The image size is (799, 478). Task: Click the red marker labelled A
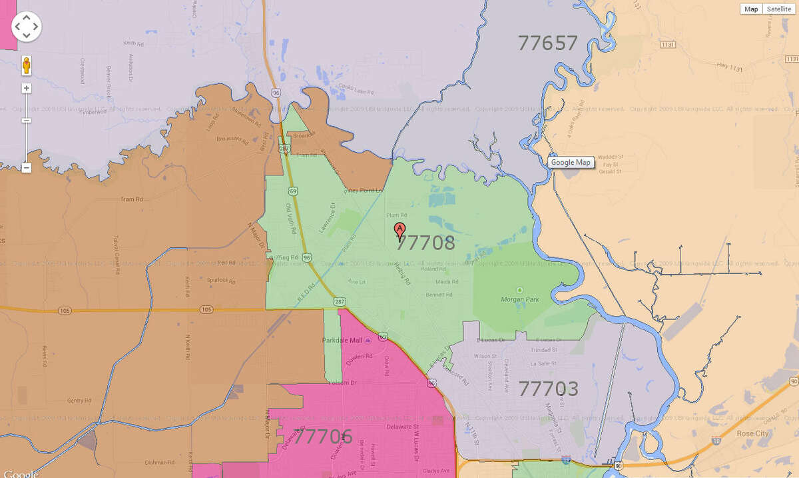[x=400, y=231]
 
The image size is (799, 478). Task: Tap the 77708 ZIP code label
[x=426, y=243]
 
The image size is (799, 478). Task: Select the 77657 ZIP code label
[x=547, y=43]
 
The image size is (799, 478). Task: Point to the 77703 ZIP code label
[x=548, y=389]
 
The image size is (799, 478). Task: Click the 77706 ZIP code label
[x=323, y=437]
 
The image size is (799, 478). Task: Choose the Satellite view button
[x=779, y=9]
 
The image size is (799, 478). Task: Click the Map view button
[x=751, y=9]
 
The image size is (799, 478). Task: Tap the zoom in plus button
[x=27, y=88]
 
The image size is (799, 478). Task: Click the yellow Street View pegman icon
[x=27, y=65]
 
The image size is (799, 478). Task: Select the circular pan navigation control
[x=27, y=27]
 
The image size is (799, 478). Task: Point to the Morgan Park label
[x=519, y=299]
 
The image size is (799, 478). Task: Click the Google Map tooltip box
[x=571, y=162]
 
